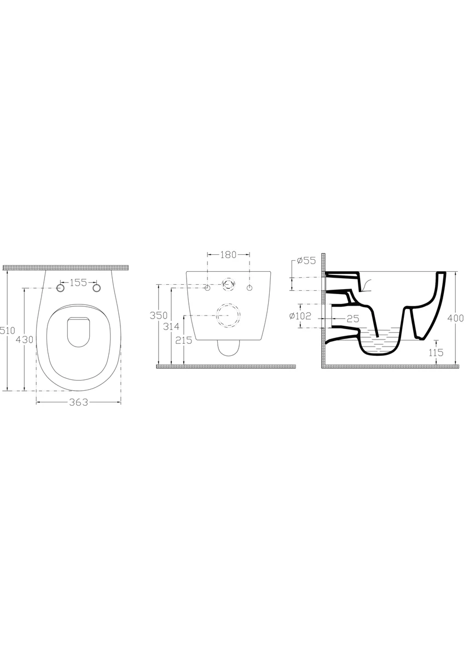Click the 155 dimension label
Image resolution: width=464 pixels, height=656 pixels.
pyautogui.click(x=78, y=283)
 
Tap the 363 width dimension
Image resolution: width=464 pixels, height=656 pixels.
pyautogui.click(x=79, y=402)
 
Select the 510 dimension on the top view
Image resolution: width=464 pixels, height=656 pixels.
pyautogui.click(x=8, y=330)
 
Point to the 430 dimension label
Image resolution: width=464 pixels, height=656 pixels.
pyautogui.click(x=25, y=339)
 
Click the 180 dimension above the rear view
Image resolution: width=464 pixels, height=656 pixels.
pyautogui.click(x=228, y=255)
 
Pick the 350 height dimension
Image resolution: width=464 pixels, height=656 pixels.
pyautogui.click(x=159, y=315)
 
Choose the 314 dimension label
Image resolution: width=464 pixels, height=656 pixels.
pyautogui.click(x=171, y=326)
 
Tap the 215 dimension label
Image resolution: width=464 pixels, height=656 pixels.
pyautogui.click(x=183, y=340)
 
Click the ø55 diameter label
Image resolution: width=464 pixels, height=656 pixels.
pyautogui.click(x=306, y=260)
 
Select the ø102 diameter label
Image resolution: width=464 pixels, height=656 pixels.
pyautogui.click(x=300, y=316)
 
